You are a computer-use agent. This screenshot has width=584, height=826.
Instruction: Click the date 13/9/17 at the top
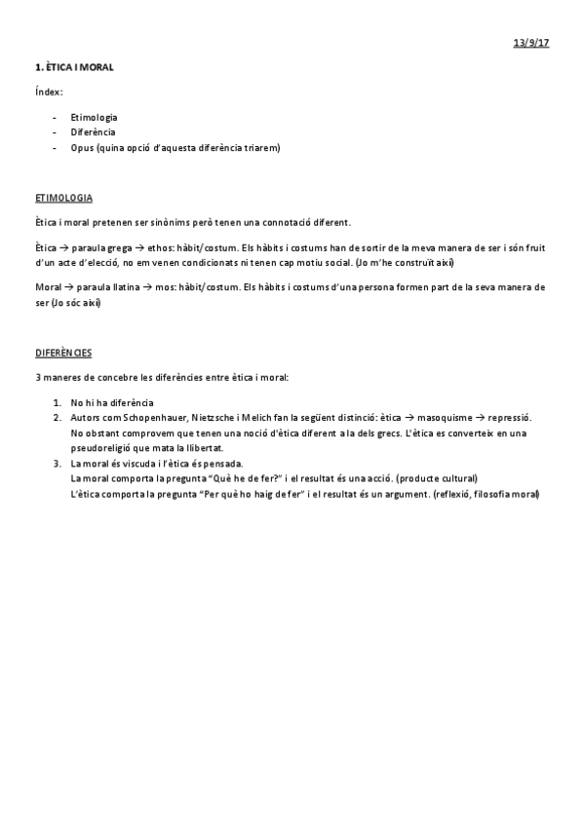click(531, 44)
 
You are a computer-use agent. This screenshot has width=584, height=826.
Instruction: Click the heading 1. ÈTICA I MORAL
click(74, 67)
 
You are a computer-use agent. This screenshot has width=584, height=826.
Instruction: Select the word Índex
click(49, 92)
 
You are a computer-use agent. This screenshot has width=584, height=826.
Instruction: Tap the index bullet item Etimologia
click(94, 117)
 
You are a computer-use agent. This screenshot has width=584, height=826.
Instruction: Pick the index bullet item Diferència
click(93, 131)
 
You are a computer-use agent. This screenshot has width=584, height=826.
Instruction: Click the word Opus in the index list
click(82, 147)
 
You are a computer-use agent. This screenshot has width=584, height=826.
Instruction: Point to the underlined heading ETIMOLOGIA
click(63, 198)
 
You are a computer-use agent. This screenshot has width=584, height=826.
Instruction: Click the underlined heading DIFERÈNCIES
click(63, 352)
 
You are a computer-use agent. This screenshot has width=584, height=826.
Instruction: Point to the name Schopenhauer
click(156, 417)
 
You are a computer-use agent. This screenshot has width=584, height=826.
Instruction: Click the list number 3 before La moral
click(58, 463)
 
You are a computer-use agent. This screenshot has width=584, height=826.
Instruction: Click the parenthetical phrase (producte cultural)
click(430, 478)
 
